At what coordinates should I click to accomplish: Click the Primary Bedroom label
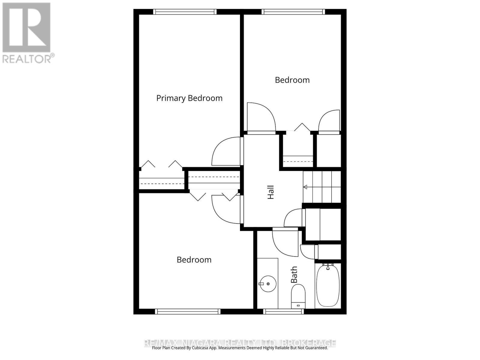pos(189,98)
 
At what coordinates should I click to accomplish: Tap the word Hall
pos(271,192)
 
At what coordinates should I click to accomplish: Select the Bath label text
pos(294,274)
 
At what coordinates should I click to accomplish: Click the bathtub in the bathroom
pos(328,285)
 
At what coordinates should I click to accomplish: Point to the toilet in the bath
pos(298,295)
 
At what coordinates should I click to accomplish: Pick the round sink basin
pos(268,283)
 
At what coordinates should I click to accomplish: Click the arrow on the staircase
pos(305,187)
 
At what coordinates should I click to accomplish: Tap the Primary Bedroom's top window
pos(184,12)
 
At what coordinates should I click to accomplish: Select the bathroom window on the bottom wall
pos(283,311)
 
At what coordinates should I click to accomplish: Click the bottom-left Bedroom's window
pos(188,311)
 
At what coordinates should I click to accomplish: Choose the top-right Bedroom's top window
pos(293,12)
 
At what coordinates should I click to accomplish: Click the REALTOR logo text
pos(28,58)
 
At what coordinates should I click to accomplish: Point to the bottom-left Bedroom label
pos(194,260)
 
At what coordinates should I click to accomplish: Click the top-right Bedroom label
pos(292,80)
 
